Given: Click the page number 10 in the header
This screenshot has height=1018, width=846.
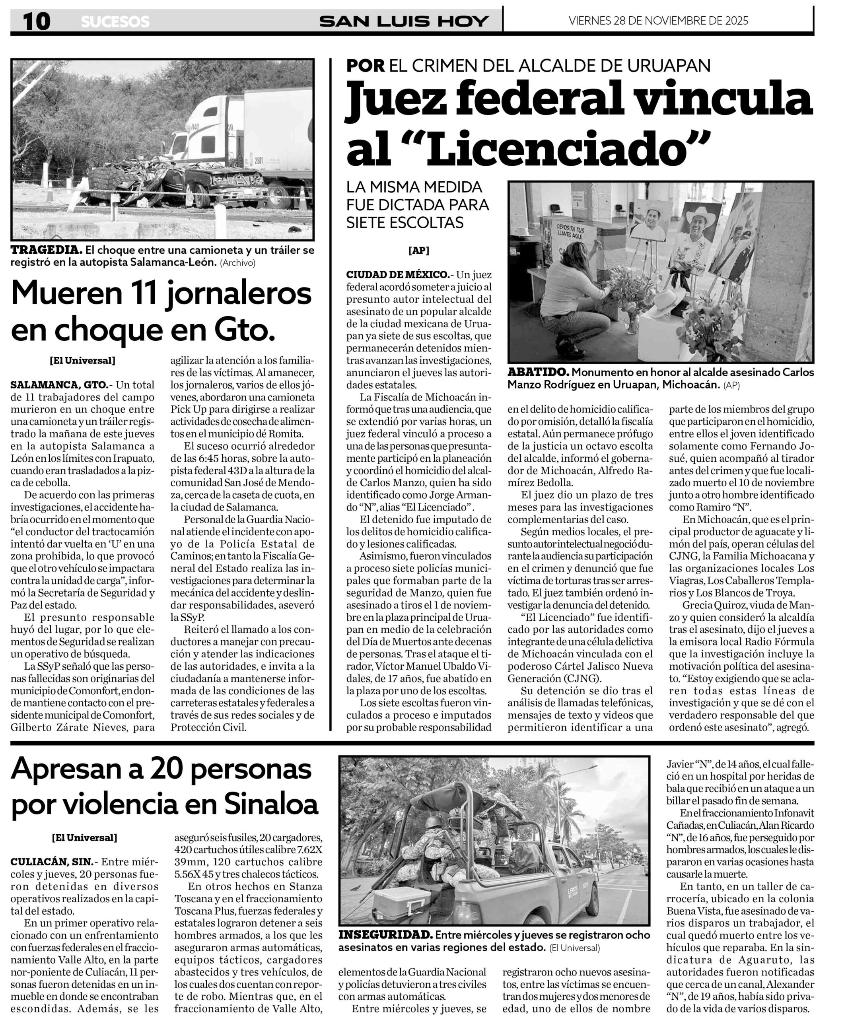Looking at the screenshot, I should [36, 21].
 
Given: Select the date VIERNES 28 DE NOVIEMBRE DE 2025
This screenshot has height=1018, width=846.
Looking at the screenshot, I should [658, 20].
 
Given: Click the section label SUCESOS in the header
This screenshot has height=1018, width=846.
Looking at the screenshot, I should [115, 22].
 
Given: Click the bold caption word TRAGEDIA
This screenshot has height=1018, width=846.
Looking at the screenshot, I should [46, 250].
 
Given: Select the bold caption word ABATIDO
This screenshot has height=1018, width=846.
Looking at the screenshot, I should [537, 372].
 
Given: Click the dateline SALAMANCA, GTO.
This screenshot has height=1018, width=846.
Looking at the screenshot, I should [58, 385].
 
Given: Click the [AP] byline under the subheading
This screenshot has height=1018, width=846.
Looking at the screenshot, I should [418, 251].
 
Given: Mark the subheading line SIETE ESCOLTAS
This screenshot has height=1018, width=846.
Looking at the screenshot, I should [405, 223].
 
